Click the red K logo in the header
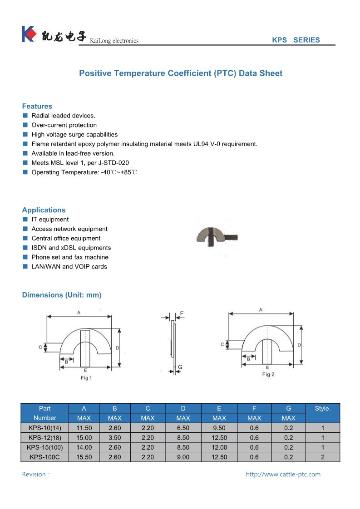pos(28,34)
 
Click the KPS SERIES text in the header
pos(296,40)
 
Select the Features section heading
pos(37,106)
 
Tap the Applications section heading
pos(44,210)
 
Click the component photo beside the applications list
pos(217,236)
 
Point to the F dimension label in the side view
pos(182,313)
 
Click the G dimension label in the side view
pos(180,367)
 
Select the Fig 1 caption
pos(86,377)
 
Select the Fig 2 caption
pos(268,374)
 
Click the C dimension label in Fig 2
pos(222,344)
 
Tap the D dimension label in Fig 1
pos(117,348)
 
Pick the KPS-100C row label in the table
pos(44,457)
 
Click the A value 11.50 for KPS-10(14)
pos(84,428)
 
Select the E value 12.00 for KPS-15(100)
pos(219,447)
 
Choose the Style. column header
pos(322,408)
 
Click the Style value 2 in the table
pos(322,457)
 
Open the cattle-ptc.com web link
pos(283,475)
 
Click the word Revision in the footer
pos(34,475)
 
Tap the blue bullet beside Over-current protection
pos(25,125)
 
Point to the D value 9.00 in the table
pos(183,457)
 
